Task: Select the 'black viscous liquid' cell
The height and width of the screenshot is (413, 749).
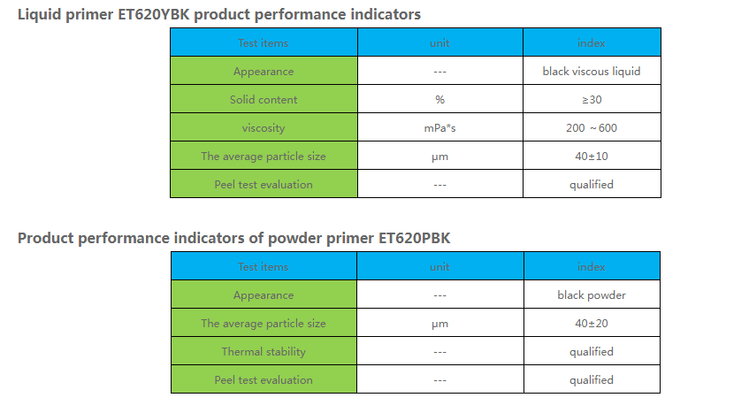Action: click(x=591, y=71)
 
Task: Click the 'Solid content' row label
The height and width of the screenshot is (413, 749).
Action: click(x=264, y=100)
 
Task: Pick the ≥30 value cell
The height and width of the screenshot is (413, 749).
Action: click(x=591, y=100)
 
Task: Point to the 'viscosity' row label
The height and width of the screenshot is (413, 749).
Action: click(x=264, y=128)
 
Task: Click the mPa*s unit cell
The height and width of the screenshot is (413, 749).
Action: click(x=439, y=128)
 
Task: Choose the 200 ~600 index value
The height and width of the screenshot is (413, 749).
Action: click(x=591, y=128)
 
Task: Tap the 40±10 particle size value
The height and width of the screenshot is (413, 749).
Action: click(x=591, y=157)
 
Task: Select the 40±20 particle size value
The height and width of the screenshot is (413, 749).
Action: click(x=591, y=324)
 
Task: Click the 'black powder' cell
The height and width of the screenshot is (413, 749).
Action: click(x=591, y=294)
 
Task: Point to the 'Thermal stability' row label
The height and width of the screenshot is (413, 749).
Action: click(x=264, y=352)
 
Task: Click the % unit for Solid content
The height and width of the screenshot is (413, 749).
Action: click(x=439, y=100)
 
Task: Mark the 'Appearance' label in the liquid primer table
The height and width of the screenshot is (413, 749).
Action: click(x=264, y=71)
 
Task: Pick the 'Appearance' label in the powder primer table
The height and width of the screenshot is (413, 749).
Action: click(x=264, y=294)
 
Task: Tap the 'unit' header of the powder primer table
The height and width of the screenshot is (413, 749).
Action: click(x=439, y=266)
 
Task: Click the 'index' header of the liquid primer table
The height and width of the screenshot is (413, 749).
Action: click(x=591, y=42)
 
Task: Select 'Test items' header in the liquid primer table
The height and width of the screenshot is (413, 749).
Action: click(x=264, y=42)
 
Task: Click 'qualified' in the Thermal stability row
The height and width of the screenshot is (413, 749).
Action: click(x=591, y=352)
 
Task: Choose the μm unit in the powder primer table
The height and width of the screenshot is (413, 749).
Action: click(x=439, y=324)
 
